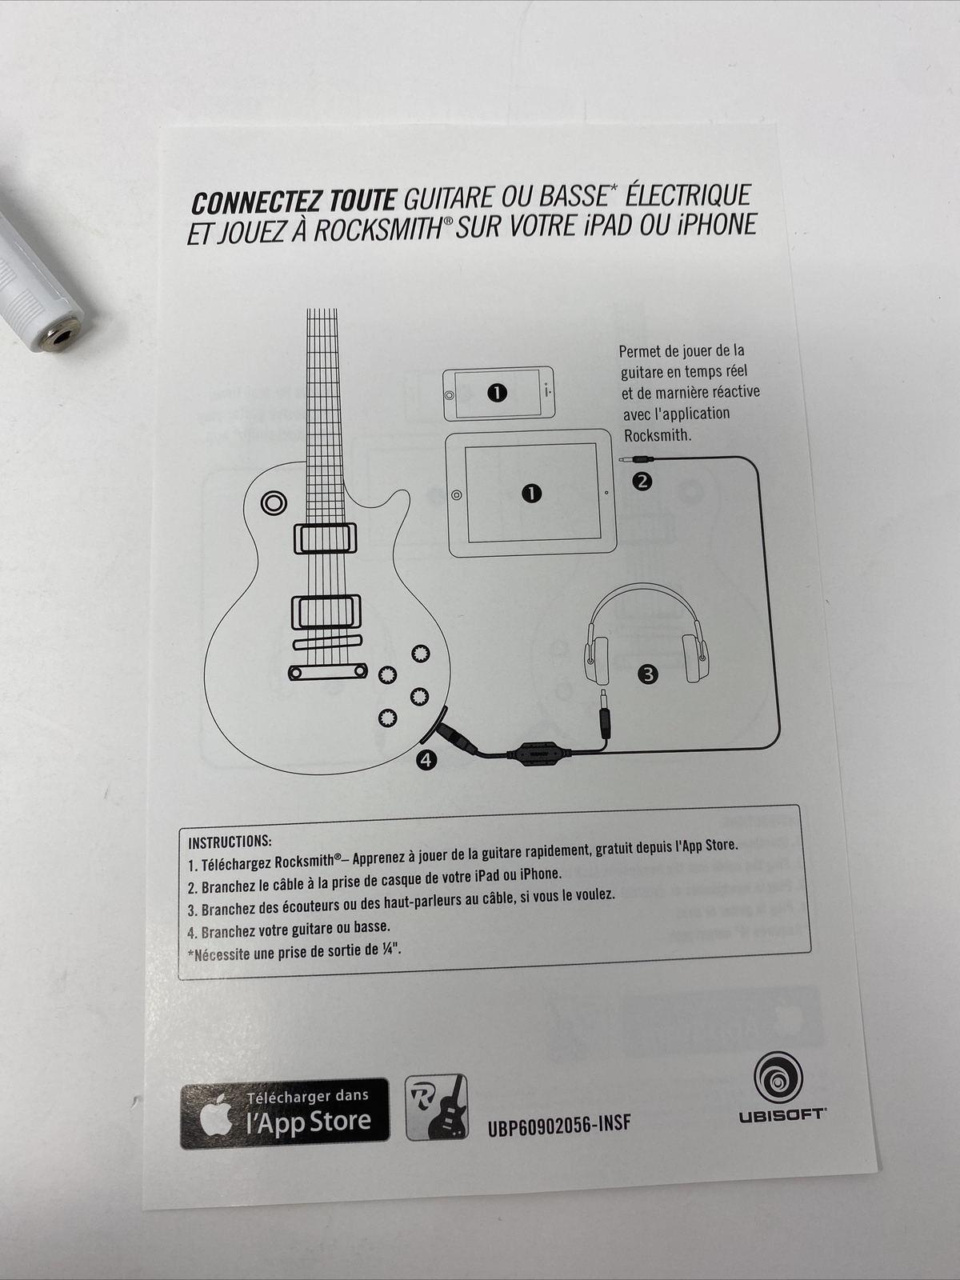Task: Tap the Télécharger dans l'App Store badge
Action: tap(285, 1114)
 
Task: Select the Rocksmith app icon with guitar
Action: tap(436, 1107)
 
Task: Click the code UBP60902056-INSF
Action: tap(558, 1124)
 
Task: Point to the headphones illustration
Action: tap(646, 632)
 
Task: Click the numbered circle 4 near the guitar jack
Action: tap(426, 760)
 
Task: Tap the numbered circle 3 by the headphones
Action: tap(647, 674)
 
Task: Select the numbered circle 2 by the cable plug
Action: tap(642, 481)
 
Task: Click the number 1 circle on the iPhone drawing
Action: tap(497, 392)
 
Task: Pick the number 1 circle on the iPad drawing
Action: tap(531, 494)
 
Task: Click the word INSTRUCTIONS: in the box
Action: tap(230, 842)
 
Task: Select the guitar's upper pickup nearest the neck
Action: tap(325, 538)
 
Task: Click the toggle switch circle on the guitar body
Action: tap(274, 502)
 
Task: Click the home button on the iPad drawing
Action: tap(456, 494)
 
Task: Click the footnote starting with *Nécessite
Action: tap(294, 952)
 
